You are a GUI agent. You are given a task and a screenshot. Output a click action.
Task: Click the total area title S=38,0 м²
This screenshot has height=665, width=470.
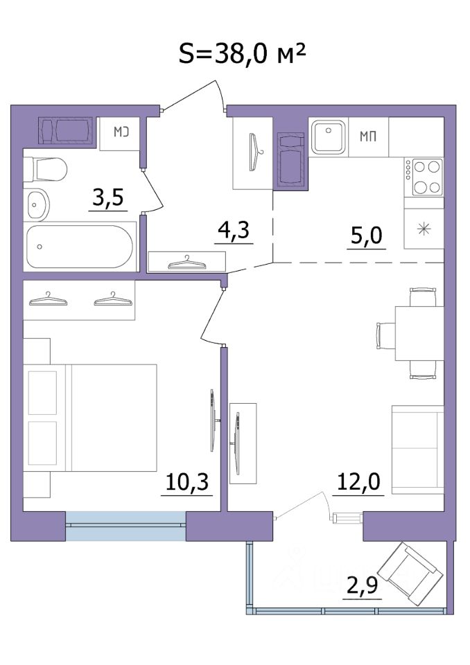point(241,54)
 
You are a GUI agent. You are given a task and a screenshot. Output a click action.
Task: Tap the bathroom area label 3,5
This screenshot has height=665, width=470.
point(108,197)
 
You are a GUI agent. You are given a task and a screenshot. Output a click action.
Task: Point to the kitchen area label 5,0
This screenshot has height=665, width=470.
point(367,236)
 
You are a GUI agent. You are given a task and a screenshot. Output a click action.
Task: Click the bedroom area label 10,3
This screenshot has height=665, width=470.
point(186,482)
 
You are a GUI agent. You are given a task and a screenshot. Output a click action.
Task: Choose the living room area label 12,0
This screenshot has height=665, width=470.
point(358,482)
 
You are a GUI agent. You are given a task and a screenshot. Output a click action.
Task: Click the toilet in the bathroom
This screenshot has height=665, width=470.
point(45,170)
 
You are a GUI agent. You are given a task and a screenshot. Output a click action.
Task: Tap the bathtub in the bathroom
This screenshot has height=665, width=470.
point(80,247)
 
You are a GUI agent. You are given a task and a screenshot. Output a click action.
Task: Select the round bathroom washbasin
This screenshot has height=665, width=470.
point(36,205)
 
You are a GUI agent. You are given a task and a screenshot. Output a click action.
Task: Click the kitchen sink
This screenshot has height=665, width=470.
point(328,136)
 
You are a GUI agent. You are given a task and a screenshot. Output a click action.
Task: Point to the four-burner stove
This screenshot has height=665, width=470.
point(424,177)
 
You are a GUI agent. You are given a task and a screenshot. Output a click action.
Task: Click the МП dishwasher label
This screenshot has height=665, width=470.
point(368,136)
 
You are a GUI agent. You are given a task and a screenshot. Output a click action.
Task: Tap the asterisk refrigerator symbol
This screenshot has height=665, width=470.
point(424,229)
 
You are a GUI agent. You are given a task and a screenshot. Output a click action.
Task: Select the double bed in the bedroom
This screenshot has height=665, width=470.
point(90,418)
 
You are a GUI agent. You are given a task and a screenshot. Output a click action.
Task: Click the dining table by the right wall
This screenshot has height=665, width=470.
point(419,333)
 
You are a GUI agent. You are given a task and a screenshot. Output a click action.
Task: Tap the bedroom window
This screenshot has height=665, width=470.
point(125,526)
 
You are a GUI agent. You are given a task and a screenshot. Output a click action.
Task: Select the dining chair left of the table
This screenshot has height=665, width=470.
point(386,333)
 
